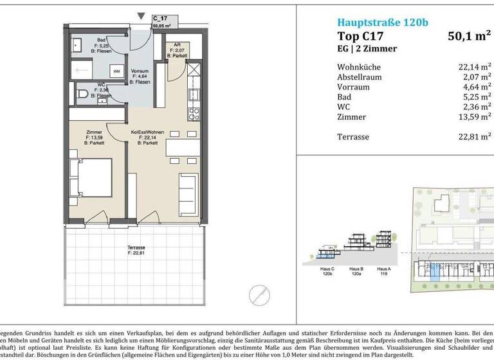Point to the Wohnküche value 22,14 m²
471,67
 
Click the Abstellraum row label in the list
359,77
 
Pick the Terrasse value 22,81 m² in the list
471,136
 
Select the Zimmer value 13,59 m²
471,117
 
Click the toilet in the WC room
82,94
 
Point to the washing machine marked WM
116,71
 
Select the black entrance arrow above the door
141,16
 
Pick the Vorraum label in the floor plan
140,71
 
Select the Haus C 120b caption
328,271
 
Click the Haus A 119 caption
384,271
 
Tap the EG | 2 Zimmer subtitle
368,49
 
